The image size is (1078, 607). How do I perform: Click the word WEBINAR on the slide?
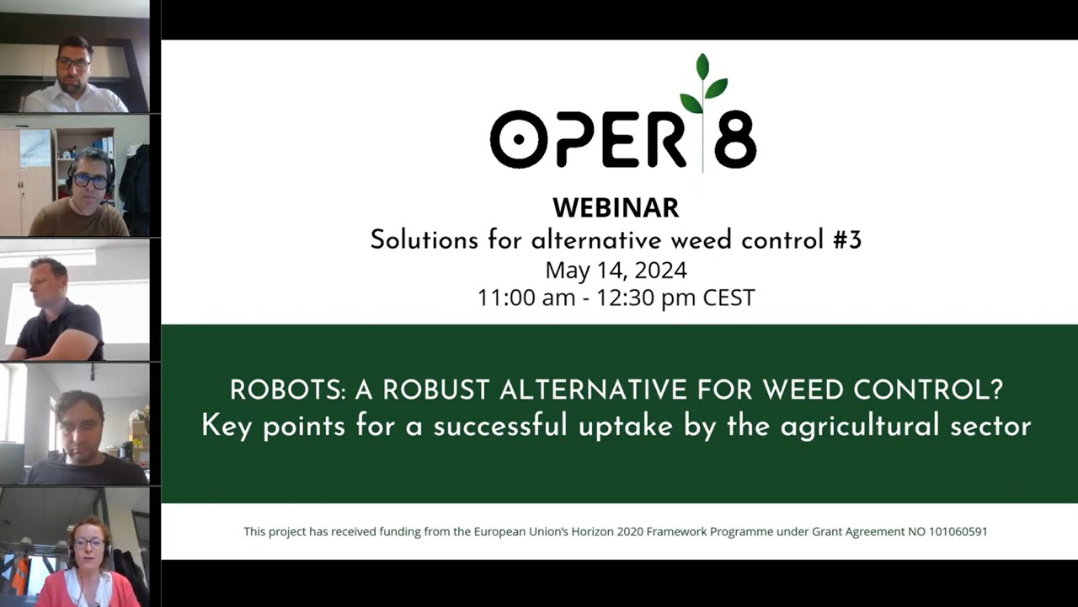tap(615, 207)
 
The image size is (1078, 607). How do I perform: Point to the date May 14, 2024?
tap(616, 270)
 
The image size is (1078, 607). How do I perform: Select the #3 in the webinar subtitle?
tap(845, 240)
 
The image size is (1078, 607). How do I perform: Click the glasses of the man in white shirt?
tap(73, 63)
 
